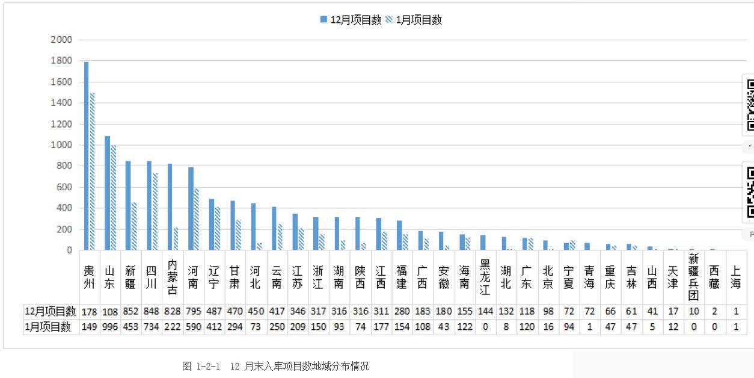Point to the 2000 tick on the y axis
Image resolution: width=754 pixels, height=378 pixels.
click(x=62, y=40)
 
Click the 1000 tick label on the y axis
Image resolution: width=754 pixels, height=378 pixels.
click(x=62, y=145)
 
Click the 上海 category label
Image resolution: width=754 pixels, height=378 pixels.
click(x=735, y=276)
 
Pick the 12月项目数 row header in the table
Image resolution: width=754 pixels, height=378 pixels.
click(x=51, y=311)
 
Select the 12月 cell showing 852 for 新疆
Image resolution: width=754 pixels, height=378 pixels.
click(x=130, y=311)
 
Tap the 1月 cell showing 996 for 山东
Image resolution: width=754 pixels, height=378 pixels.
click(x=109, y=327)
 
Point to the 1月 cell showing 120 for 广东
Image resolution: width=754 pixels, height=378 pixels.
click(x=526, y=327)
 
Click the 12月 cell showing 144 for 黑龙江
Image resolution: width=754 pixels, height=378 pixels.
click(x=485, y=311)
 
